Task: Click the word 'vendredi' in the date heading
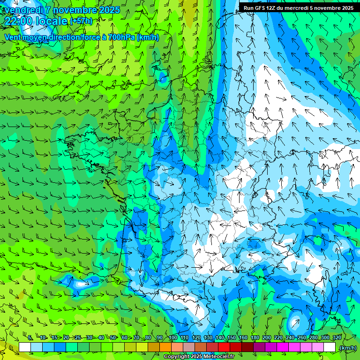[25, 10]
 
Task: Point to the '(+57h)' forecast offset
[81, 21]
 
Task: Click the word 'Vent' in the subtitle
[14, 37]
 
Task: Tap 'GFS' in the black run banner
[263, 8]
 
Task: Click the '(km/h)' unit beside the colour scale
[347, 348]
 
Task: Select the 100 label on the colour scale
[172, 337]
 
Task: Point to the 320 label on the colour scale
[337, 337]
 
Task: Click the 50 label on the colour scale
[113, 337]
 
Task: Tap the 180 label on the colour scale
[255, 337]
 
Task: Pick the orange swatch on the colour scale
[165, 347]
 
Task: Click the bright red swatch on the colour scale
[224, 347]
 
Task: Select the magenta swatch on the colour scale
[282, 347]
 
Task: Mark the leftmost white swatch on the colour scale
[25, 347]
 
